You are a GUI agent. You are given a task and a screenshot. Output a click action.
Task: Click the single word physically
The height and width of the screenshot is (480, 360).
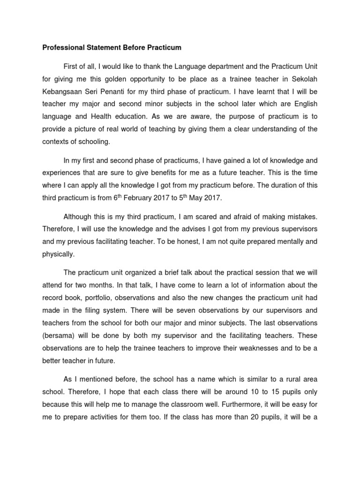click(x=58, y=255)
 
